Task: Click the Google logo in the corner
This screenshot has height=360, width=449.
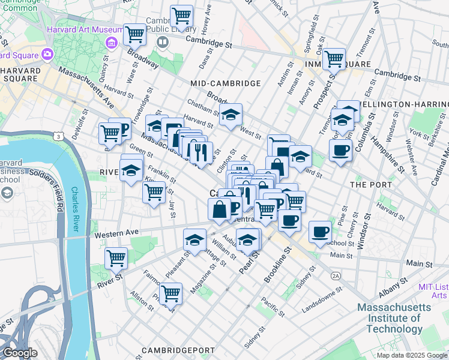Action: click(x=19, y=353)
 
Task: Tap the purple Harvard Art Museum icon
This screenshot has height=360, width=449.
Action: click(x=111, y=43)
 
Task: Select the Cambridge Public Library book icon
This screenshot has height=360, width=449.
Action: click(x=162, y=42)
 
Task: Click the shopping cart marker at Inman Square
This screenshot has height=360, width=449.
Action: click(x=334, y=59)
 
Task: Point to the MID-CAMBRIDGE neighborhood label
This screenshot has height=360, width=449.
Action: click(x=225, y=83)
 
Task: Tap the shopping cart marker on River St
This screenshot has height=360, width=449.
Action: click(x=116, y=258)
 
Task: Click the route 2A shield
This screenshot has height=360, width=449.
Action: click(x=335, y=275)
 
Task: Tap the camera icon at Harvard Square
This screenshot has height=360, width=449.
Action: click(x=47, y=55)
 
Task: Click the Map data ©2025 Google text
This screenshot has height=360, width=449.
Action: click(x=411, y=355)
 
